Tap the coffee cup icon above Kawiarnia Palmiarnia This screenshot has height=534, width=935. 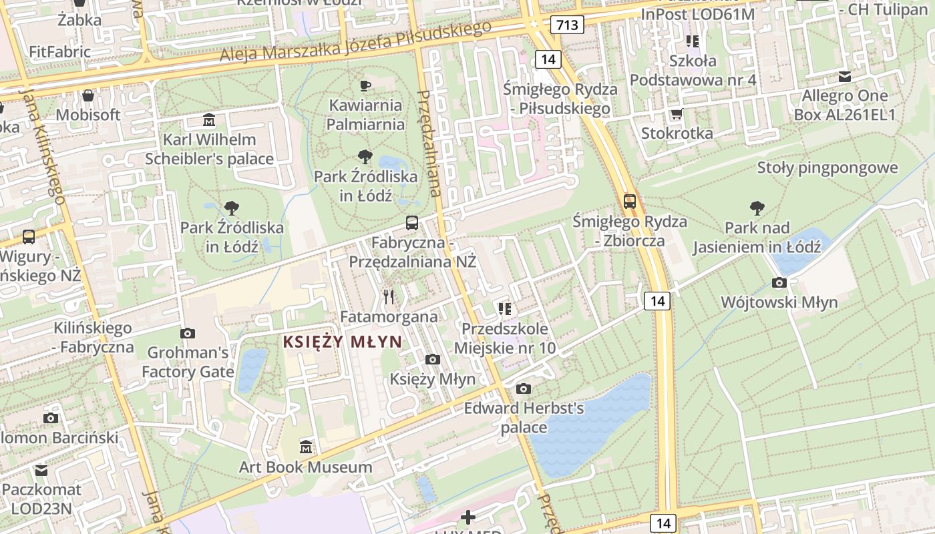[x=365, y=85]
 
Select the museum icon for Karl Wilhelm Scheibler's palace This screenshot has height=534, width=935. [x=210, y=121]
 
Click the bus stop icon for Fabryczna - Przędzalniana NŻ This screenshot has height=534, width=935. [x=412, y=223]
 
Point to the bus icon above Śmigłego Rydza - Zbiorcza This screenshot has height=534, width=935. [x=629, y=201]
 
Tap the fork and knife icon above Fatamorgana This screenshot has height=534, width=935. [x=389, y=296]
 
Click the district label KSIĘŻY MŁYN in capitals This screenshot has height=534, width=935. [x=343, y=342]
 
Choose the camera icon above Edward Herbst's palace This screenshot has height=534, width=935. [x=524, y=388]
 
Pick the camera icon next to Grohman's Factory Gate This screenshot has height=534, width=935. [x=188, y=333]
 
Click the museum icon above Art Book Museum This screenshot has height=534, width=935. [x=306, y=446]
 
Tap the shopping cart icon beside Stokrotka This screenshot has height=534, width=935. [x=677, y=114]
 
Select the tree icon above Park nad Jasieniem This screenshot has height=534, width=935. [x=757, y=208]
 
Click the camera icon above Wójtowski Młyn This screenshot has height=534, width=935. [x=779, y=283]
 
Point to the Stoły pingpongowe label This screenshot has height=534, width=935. [x=827, y=168]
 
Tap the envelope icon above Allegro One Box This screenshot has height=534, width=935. [x=845, y=77]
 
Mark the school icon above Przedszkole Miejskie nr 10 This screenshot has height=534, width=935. [x=505, y=308]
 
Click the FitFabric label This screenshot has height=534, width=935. [x=60, y=51]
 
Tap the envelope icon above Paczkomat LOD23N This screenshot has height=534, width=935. [x=41, y=471]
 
